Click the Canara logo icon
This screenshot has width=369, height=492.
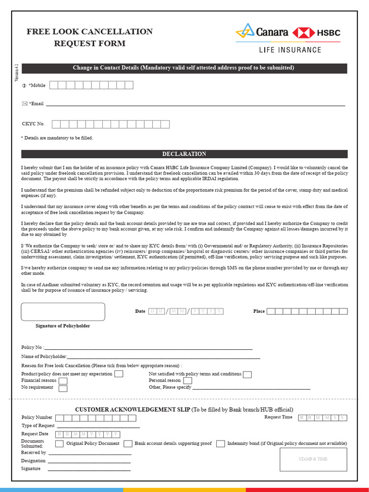(244, 32)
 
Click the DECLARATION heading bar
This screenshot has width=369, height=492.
(184, 154)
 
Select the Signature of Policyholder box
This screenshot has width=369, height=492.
(63, 311)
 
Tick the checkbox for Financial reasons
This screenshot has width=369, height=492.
(63, 381)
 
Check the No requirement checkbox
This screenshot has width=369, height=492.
(63, 388)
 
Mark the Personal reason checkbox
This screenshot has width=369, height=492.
(188, 381)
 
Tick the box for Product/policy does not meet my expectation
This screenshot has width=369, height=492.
(119, 374)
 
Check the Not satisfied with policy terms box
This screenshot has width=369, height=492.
(247, 374)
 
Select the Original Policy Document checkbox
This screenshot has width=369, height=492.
(60, 444)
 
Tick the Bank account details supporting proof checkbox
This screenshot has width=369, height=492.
(128, 444)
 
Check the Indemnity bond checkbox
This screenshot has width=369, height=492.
(220, 444)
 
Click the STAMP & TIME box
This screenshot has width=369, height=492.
(313, 459)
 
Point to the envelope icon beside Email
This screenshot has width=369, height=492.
(25, 103)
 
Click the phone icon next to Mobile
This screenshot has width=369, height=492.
(24, 86)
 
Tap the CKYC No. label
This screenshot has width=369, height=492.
(33, 124)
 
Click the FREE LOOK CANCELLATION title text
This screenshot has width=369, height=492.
(89, 32)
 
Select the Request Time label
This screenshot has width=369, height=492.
(278, 417)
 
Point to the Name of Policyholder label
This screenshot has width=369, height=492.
(44, 357)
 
